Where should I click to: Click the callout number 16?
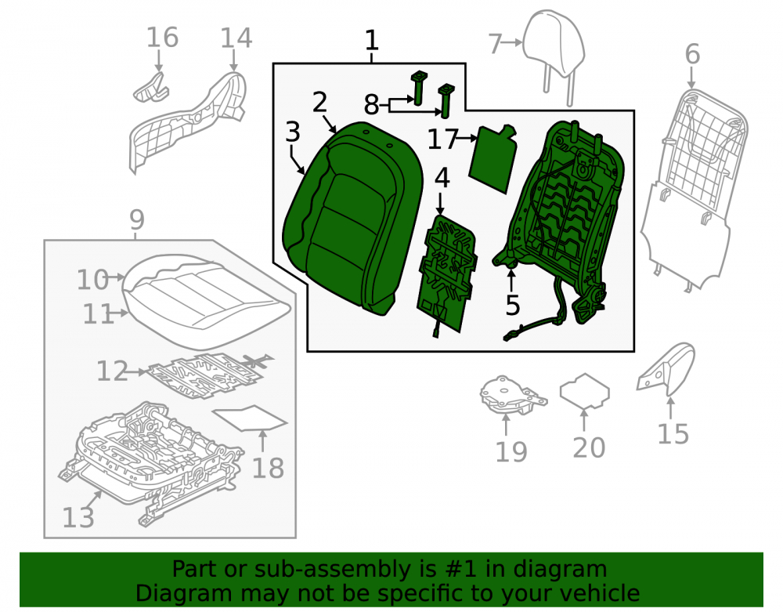[162, 38]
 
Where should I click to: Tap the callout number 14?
[236, 38]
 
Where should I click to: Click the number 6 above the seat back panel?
[692, 54]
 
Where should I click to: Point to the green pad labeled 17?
[493, 158]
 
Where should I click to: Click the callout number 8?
[371, 106]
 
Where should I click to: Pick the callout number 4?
[442, 178]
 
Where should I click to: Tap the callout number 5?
[512, 305]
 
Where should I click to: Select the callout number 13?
[78, 517]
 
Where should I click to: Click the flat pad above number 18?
[250, 418]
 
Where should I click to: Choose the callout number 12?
[112, 371]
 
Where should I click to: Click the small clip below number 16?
[151, 88]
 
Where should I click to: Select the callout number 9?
[136, 220]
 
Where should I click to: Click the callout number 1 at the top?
[371, 41]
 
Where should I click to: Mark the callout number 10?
[92, 280]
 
